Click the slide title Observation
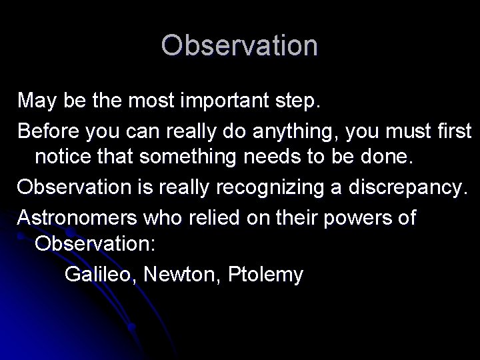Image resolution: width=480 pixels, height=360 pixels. tap(239, 45)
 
